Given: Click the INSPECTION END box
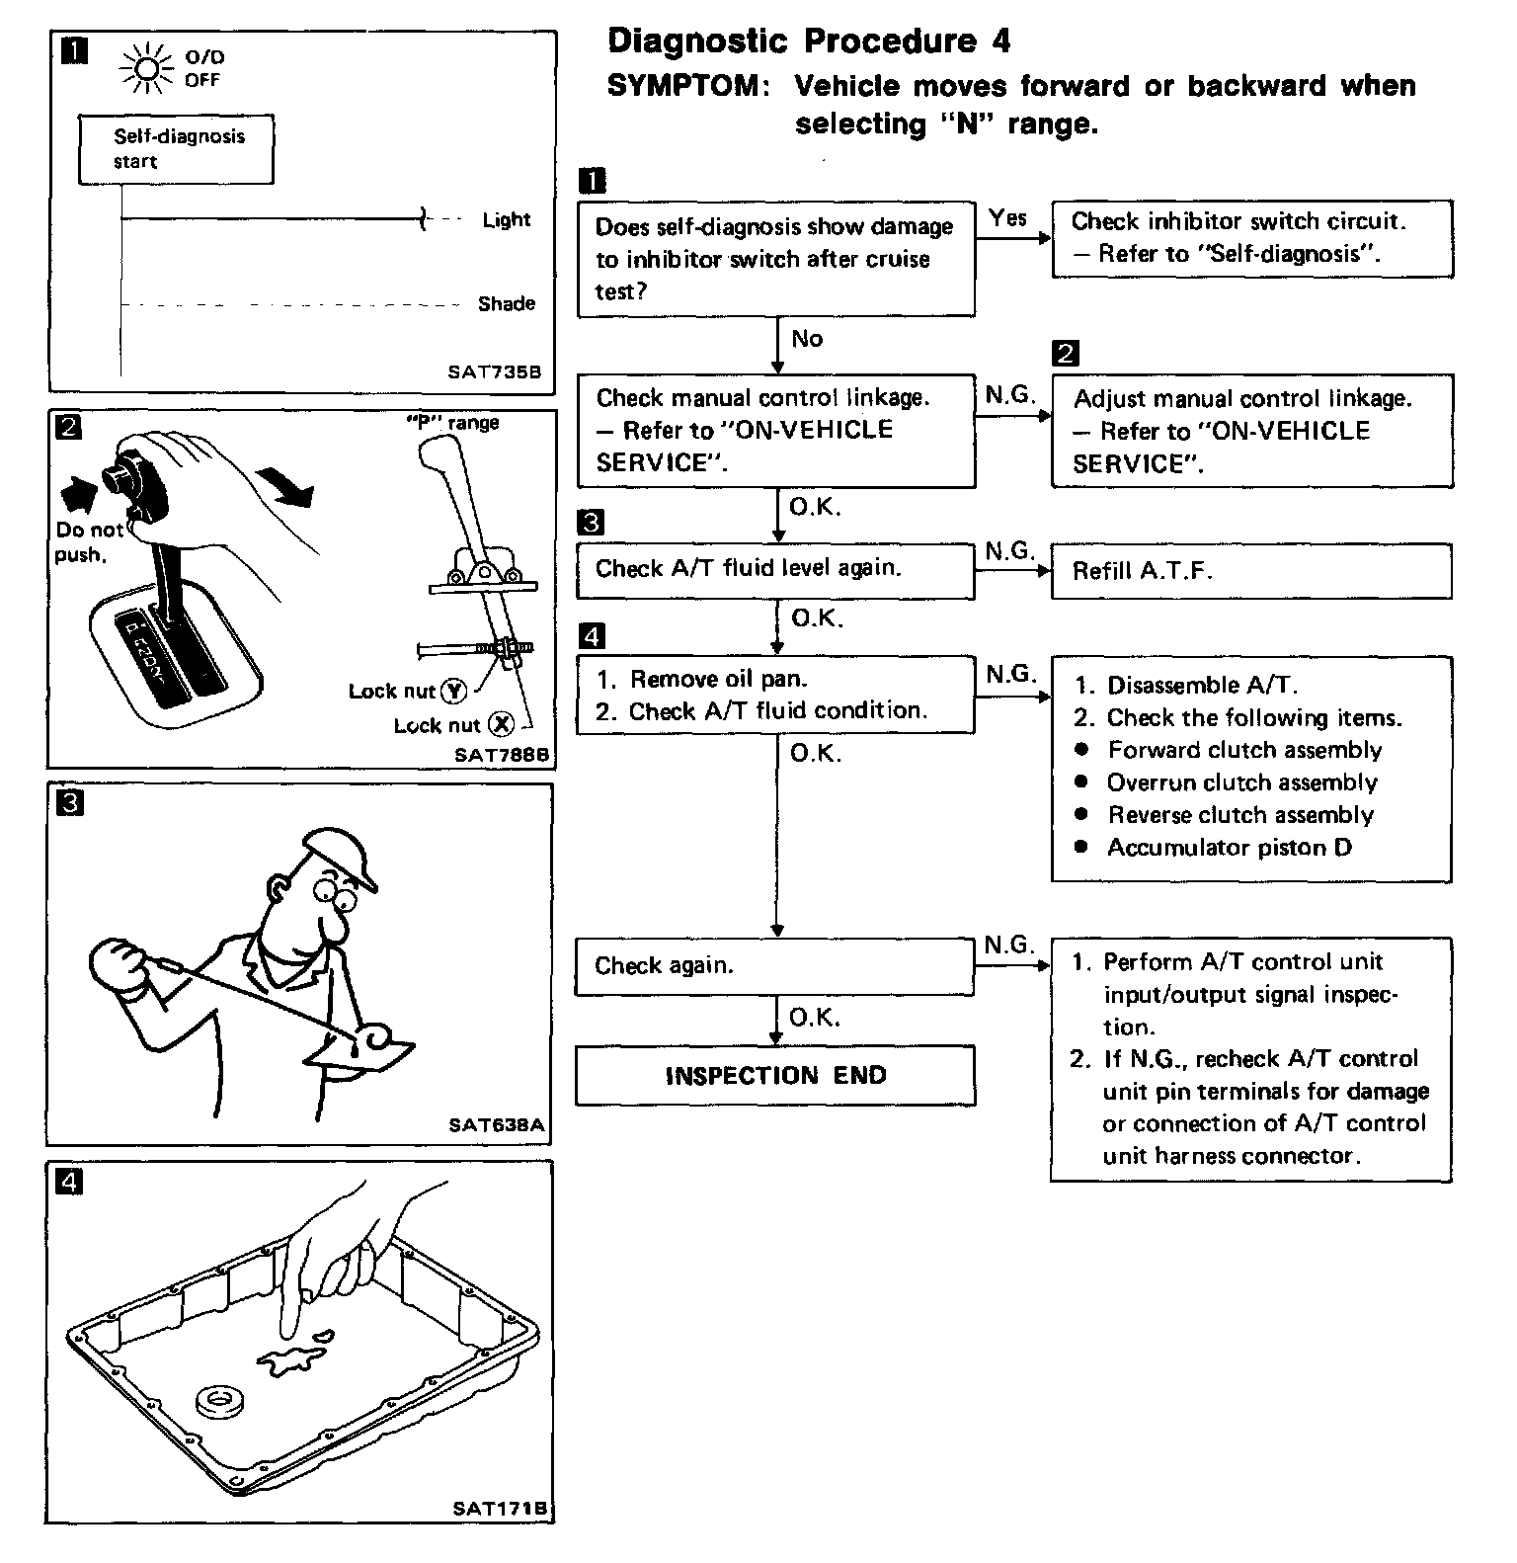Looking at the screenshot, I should (775, 1075).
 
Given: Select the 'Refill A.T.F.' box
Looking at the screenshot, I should (1250, 571).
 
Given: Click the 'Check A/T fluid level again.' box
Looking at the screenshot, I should (775, 569).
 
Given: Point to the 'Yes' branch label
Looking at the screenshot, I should (1007, 218).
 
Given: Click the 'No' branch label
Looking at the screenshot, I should (807, 339).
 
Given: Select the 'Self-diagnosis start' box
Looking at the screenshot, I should (176, 149).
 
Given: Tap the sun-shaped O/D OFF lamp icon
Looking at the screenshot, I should (146, 68).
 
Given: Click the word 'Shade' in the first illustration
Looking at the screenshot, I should (506, 304).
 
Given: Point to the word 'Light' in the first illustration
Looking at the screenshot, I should (507, 220).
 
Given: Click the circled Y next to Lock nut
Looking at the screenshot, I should (453, 692).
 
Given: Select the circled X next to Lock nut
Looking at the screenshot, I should (503, 725).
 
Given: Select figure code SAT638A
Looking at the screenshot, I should (496, 1124).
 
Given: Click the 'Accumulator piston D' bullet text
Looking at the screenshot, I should (1229, 848).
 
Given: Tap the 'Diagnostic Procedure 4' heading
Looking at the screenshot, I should (809, 41).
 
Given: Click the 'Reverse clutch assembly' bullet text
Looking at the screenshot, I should (1239, 815).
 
